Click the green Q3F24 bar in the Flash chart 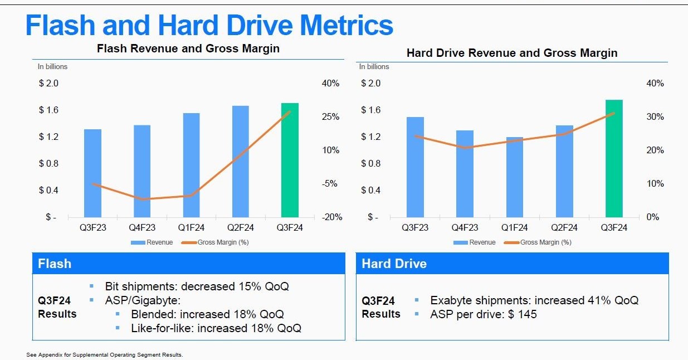pyautogui.click(x=290, y=160)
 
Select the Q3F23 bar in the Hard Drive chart pyautogui.click(x=415, y=167)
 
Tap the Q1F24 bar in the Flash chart pyautogui.click(x=191, y=165)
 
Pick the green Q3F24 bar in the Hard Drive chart pyautogui.click(x=614, y=158)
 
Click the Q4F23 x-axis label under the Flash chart pyautogui.click(x=142, y=227)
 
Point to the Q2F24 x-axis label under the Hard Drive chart pyautogui.click(x=564, y=227)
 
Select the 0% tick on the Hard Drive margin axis pyautogui.click(x=653, y=217)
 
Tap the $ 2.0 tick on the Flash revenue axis pyautogui.click(x=49, y=84)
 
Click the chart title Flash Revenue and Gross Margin pyautogui.click(x=188, y=48)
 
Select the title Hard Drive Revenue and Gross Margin pyautogui.click(x=512, y=53)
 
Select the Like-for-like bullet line pyautogui.click(x=216, y=328)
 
